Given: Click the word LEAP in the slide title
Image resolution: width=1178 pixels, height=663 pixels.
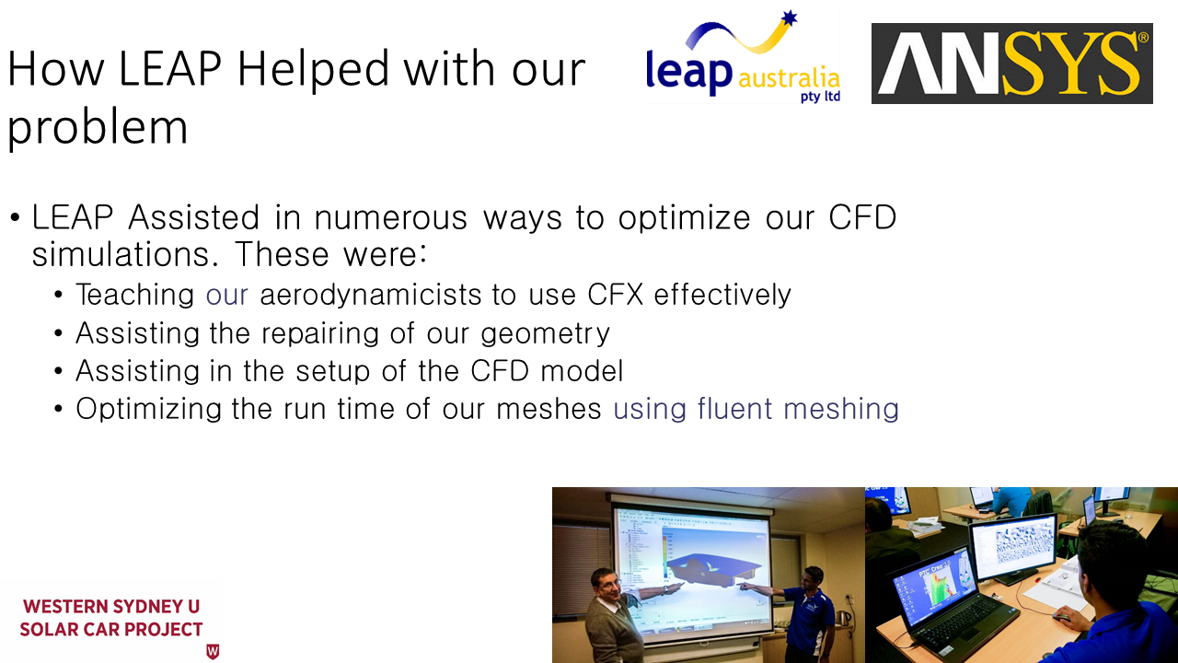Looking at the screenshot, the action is (x=170, y=68).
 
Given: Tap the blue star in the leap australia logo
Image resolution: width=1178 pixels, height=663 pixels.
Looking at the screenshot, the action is (x=789, y=17).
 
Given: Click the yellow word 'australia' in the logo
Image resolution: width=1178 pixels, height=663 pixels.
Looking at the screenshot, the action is (x=790, y=78).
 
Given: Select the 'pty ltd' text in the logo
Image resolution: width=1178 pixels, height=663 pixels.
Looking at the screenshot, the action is (x=820, y=97).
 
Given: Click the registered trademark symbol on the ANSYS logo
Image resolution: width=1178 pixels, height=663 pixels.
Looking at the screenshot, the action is (x=1143, y=38).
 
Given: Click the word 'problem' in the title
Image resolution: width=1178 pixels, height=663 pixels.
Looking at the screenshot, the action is (x=98, y=128).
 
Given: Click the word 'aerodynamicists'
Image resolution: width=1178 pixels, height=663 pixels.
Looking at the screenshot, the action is (x=370, y=295).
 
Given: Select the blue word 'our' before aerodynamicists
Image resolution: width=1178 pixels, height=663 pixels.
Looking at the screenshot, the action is (x=226, y=296).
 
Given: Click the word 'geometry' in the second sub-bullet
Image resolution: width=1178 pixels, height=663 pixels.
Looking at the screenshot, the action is (x=545, y=334).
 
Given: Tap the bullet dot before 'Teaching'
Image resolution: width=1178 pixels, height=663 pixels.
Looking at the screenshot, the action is (x=58, y=295).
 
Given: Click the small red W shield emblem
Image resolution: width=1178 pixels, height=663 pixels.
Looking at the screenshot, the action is (x=213, y=651).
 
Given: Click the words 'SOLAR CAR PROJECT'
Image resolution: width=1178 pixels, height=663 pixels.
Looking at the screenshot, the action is (x=111, y=629).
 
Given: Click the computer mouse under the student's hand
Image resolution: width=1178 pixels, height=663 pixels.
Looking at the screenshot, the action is (x=1061, y=617).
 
